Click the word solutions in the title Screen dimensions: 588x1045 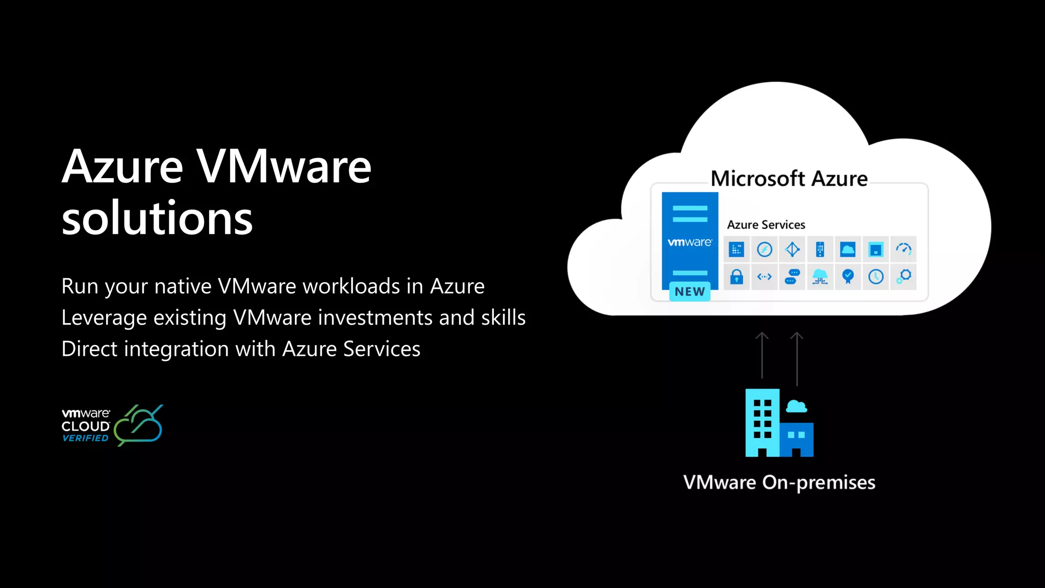click(x=157, y=218)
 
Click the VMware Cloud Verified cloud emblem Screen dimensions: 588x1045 click(x=138, y=425)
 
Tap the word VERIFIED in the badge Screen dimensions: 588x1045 click(x=85, y=438)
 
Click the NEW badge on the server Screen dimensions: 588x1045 click(x=689, y=291)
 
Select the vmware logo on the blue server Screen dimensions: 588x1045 click(x=689, y=242)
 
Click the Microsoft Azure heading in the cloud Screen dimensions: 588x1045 click(x=789, y=179)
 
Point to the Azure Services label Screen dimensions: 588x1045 click(x=766, y=225)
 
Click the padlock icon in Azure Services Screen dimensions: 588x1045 click(x=736, y=277)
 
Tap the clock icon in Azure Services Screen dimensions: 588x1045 click(x=876, y=277)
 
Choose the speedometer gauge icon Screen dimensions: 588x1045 click(x=903, y=249)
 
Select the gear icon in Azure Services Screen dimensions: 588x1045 click(x=904, y=277)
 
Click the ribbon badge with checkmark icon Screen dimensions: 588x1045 click(x=848, y=277)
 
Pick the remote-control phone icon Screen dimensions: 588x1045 click(x=820, y=249)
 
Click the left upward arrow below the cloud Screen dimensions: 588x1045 click(x=762, y=355)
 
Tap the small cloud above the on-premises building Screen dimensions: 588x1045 click(x=796, y=406)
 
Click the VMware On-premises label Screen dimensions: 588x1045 click(x=779, y=482)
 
